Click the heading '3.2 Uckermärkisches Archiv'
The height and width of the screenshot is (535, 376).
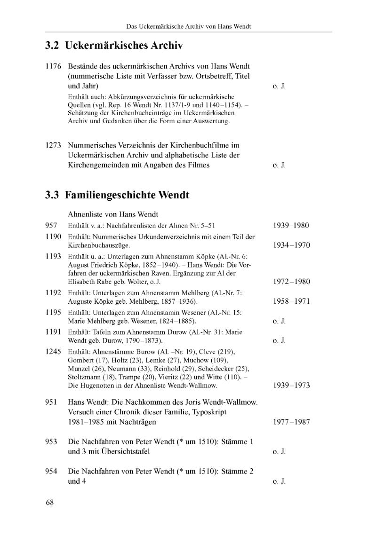click(113, 46)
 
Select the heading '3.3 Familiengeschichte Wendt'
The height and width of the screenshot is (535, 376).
click(117, 195)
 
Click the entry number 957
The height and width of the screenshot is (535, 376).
click(51, 226)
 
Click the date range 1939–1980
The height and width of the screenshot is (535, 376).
click(291, 226)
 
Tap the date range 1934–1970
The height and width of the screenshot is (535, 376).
click(291, 245)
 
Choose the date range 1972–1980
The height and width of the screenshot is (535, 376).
click(291, 282)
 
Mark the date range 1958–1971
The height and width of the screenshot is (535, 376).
click(291, 301)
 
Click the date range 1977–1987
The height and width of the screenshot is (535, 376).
click(291, 422)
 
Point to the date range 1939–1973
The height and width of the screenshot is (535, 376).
click(291, 386)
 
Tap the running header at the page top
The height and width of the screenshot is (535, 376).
click(188, 26)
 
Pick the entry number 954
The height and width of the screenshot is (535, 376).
click(51, 472)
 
